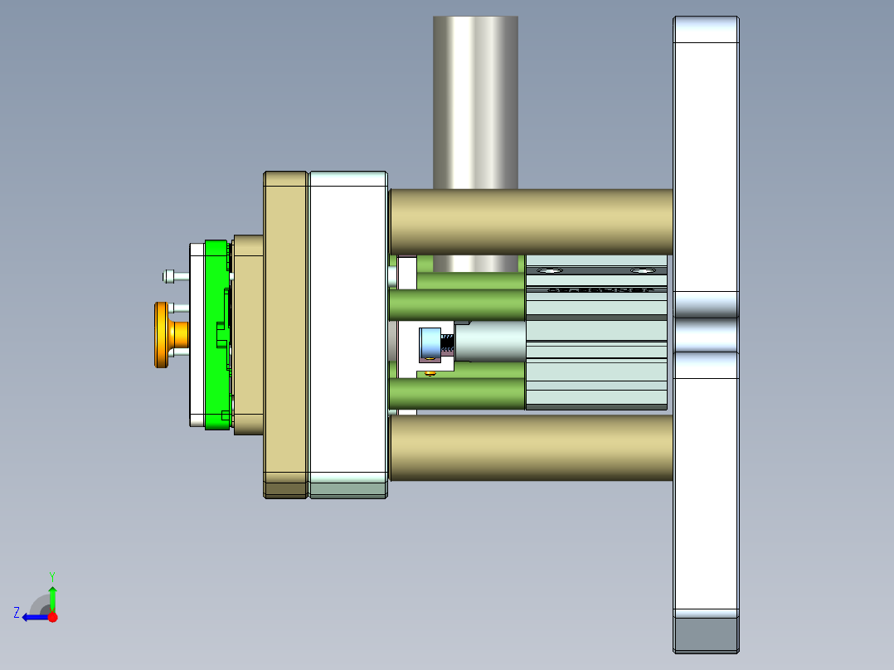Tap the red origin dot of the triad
pyautogui.click(x=53, y=617)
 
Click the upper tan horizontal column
pyautogui.click(x=531, y=221)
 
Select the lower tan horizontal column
pyautogui.click(x=531, y=448)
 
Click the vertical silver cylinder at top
pyautogui.click(x=475, y=100)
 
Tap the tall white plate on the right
pyautogui.click(x=705, y=166)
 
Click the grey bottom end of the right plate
pyautogui.click(x=705, y=634)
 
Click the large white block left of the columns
pyautogui.click(x=347, y=332)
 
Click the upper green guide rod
pyautogui.click(x=456, y=304)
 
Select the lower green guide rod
pyautogui.click(x=456, y=393)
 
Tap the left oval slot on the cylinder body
pyautogui.click(x=548, y=270)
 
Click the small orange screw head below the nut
pyautogui.click(x=430, y=374)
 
